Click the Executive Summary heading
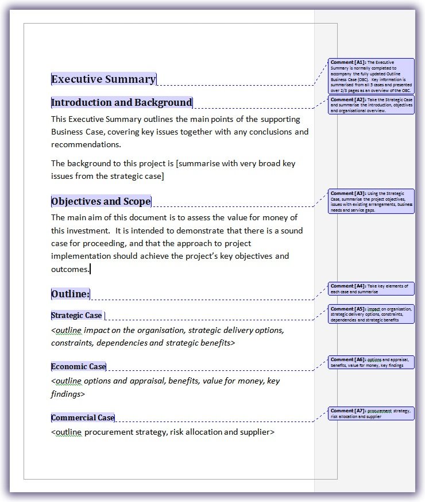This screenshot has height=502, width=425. click(103, 79)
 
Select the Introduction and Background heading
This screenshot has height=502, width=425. click(122, 103)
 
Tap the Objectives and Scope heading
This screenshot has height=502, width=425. click(101, 201)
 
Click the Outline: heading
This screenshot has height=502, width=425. click(70, 294)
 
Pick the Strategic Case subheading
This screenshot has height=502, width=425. click(76, 315)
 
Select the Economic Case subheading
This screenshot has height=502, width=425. click(79, 366)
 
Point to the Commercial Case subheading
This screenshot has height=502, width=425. click(83, 417)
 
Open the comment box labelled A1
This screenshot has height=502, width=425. click(372, 76)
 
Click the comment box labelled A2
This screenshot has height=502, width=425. click(372, 105)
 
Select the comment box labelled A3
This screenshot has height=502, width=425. click(372, 201)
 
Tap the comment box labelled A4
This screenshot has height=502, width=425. click(372, 289)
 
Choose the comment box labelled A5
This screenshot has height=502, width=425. click(372, 314)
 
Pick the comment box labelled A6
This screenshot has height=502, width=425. click(372, 362)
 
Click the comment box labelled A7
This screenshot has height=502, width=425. click(372, 413)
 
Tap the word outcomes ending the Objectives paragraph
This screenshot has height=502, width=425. click(70, 269)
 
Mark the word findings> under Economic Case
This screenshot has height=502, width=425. click(68, 394)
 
